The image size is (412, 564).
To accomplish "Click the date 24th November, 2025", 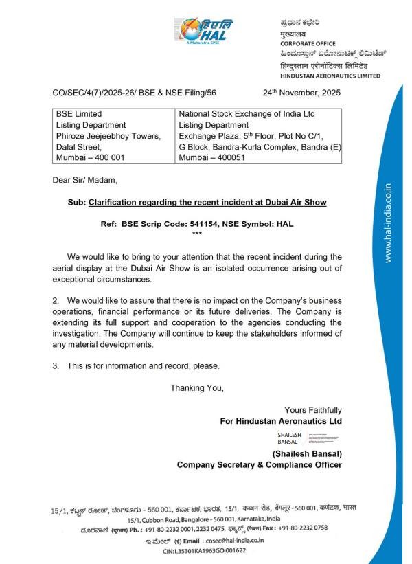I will pyautogui.click(x=301, y=92).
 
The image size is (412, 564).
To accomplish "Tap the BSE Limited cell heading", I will pyautogui.click(x=79, y=114).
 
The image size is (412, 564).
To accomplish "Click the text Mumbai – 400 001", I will pyautogui.click(x=89, y=157).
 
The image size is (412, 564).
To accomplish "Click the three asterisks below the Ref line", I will pyautogui.click(x=197, y=234).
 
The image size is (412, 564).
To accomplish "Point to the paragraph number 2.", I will pyautogui.click(x=56, y=301).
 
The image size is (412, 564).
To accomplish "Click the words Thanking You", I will pyautogui.click(x=197, y=388).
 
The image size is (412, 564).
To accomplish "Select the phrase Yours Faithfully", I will pyautogui.click(x=313, y=410).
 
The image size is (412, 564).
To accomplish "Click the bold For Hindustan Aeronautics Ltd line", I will pyautogui.click(x=281, y=420).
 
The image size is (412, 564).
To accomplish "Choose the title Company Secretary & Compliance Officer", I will pyautogui.click(x=260, y=465).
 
